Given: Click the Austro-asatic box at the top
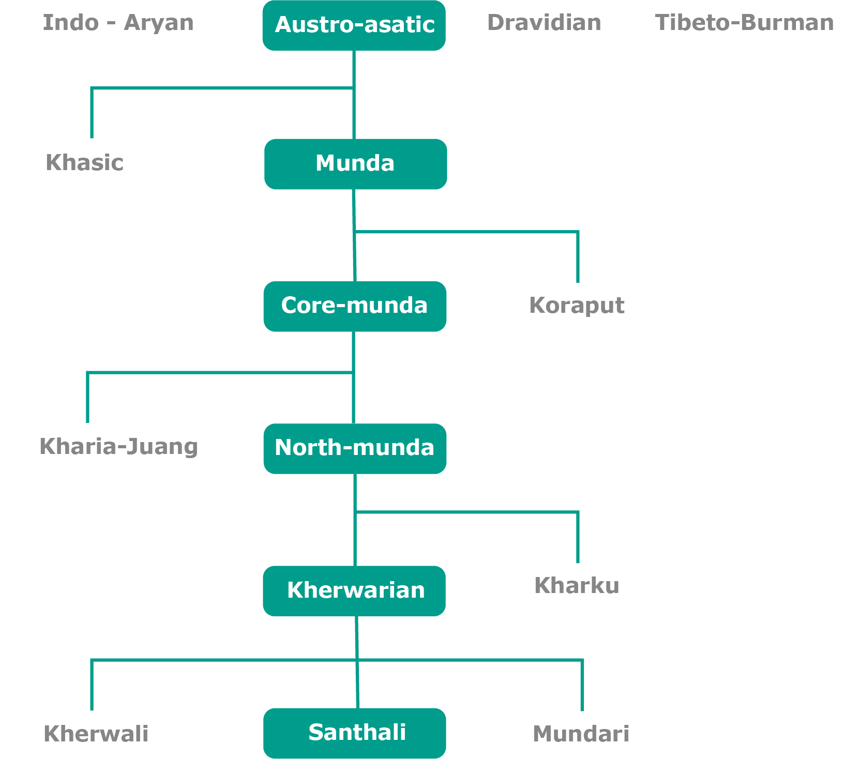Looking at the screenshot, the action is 354,25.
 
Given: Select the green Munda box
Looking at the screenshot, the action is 355,164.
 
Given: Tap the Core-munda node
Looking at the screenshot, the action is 355,306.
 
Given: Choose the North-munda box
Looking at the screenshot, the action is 355,448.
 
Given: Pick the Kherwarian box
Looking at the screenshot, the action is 354,590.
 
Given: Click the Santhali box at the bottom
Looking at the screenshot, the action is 355,733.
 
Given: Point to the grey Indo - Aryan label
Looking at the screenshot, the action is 118,23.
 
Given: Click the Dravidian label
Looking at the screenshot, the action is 544,23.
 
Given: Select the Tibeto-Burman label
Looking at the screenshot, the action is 744,23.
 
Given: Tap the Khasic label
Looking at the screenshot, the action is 84,162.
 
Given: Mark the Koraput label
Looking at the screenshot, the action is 577,305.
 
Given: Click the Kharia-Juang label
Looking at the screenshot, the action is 118,447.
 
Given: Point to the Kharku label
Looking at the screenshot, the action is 577,586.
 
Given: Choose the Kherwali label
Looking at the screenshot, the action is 96,734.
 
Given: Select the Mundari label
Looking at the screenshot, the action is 581,734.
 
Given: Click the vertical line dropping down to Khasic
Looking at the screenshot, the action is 92,114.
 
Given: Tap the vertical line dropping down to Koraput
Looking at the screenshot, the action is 578,257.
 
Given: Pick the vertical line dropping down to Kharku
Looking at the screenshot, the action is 578,538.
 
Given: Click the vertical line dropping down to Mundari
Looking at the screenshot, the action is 582,686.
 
